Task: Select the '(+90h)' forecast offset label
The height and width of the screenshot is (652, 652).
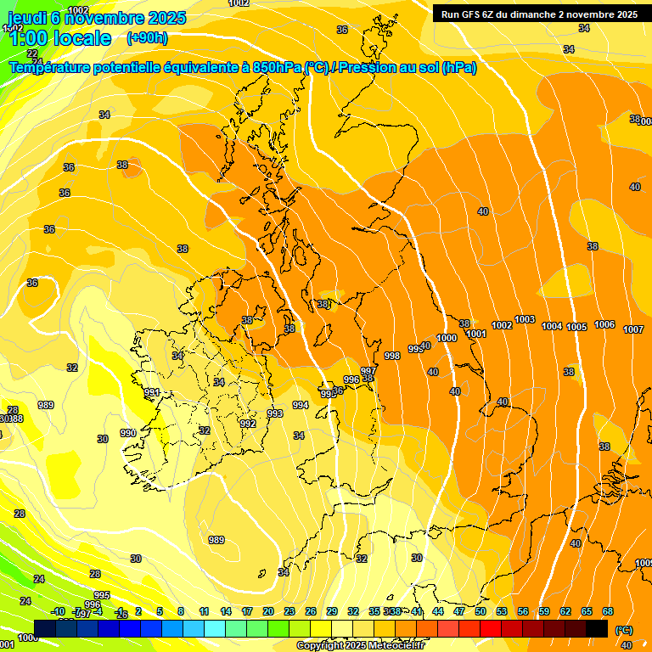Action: click(x=147, y=38)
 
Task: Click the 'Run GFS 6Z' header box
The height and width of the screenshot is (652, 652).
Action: click(x=539, y=14)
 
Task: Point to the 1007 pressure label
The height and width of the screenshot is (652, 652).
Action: click(x=633, y=329)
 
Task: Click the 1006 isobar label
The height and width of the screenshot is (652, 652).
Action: click(x=604, y=324)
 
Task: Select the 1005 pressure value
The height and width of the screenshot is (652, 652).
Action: click(x=577, y=327)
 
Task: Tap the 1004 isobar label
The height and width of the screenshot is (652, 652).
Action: click(x=552, y=326)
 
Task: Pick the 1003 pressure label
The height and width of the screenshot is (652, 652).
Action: click(x=525, y=319)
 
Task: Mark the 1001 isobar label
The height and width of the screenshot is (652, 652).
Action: click(x=476, y=334)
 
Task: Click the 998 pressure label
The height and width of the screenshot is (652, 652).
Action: click(x=392, y=356)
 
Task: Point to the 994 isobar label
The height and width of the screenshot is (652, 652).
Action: click(x=301, y=405)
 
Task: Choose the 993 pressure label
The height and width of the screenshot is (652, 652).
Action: click(x=275, y=413)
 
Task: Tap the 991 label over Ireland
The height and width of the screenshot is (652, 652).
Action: click(x=152, y=392)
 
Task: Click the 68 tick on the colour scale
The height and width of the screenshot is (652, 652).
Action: click(x=608, y=611)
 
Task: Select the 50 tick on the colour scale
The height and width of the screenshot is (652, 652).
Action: click(x=481, y=611)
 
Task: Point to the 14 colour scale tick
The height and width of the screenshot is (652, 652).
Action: click(x=226, y=611)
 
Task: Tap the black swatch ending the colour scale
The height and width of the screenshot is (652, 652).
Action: click(x=597, y=628)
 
